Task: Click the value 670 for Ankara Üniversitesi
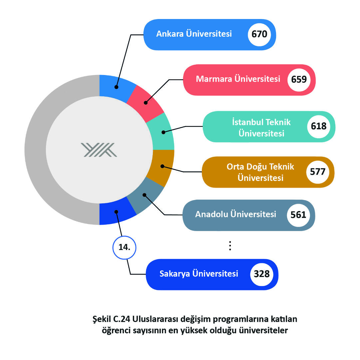click(259, 34)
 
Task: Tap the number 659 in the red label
click(299, 80)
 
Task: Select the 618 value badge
click(319, 126)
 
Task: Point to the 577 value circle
click(318, 172)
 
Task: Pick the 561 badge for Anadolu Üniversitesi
click(298, 215)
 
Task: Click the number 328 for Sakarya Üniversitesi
click(262, 274)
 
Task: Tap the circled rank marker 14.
click(125, 247)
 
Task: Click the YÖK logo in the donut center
click(99, 150)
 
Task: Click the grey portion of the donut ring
click(35, 150)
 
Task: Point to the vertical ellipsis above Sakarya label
click(230, 246)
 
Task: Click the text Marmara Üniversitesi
click(238, 79)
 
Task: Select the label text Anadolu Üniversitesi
click(235, 214)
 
